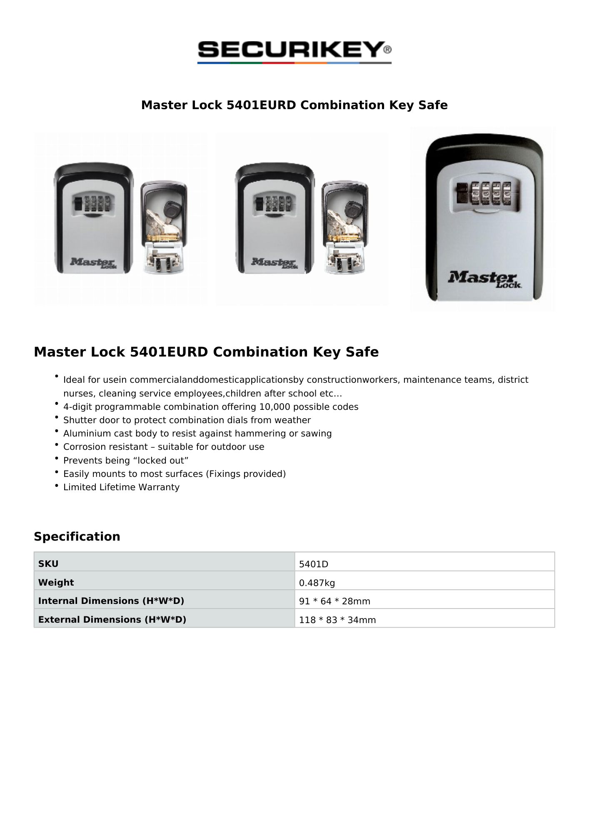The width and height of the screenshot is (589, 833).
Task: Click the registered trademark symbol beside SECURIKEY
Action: point(387,50)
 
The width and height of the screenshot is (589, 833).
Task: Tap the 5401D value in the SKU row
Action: point(313,564)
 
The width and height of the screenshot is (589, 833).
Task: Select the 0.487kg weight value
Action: point(317,583)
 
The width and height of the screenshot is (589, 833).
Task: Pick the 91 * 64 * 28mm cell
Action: point(334,601)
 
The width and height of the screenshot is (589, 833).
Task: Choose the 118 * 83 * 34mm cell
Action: point(337,620)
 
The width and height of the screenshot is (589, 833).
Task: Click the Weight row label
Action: point(56,583)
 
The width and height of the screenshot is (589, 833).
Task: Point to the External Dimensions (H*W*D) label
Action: point(112,620)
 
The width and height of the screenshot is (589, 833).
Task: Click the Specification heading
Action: point(77,536)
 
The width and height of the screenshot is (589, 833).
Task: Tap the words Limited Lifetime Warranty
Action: point(121,487)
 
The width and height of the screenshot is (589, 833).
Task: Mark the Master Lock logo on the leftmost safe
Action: point(93,263)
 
